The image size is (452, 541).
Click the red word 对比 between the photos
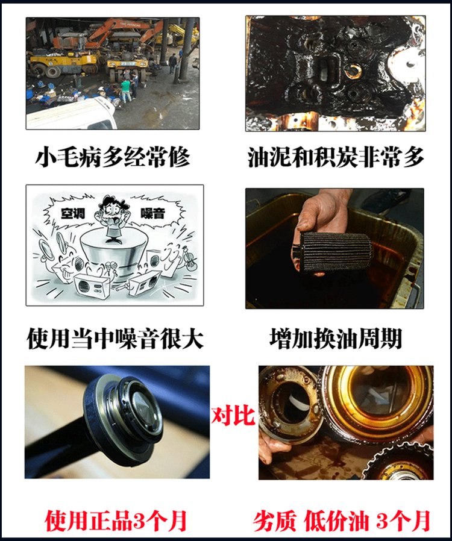click(233, 416)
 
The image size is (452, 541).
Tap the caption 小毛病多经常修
click(113, 157)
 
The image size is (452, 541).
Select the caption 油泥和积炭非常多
click(335, 157)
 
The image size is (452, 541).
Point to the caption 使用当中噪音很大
click(115, 339)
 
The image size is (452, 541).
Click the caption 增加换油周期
click(335, 339)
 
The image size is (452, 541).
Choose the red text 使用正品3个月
click(116, 521)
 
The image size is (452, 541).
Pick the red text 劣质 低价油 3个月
click(342, 521)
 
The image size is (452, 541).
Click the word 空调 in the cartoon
click(73, 213)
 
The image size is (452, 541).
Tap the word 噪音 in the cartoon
click(152, 213)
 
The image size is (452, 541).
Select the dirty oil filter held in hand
click(333, 251)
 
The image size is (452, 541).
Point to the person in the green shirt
click(125, 90)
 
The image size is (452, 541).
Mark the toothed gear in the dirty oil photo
click(400, 462)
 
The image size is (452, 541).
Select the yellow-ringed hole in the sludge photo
click(352, 70)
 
